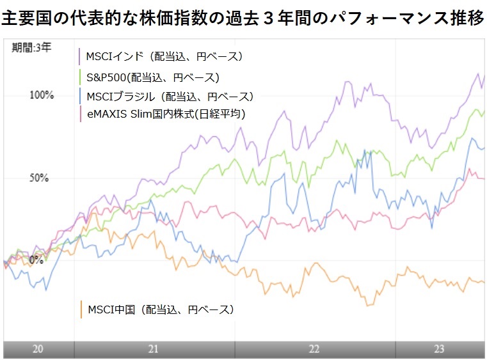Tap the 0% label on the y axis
36,260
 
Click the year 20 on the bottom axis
38,349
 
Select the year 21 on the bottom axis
153,349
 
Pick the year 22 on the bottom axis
314,349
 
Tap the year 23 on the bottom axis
439,349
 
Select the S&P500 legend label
153,77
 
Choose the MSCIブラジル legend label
170,97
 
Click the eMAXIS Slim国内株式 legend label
166,114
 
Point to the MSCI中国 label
160,309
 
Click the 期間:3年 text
31,47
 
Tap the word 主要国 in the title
25,18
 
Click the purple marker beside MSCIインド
79,56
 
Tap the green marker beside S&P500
79,77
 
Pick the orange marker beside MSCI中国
81,309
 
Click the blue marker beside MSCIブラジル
79,97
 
